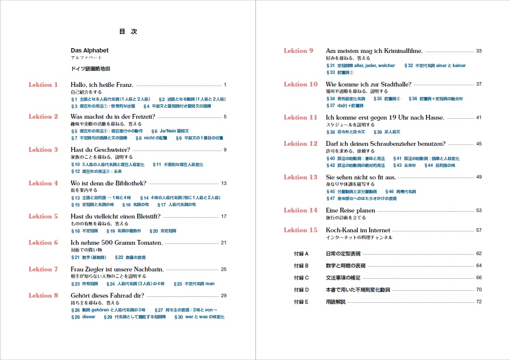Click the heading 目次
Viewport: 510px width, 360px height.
tap(128, 31)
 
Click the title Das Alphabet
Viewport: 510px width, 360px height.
tap(90, 50)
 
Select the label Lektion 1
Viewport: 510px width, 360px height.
tap(43, 85)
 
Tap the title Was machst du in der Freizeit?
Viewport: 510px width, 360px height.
tap(113, 117)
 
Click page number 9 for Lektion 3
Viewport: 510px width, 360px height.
tap(225, 150)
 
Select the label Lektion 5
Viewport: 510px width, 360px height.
tap(43, 216)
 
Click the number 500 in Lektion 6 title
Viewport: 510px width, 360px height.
tap(103, 243)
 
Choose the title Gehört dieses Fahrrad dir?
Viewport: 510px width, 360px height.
tap(107, 295)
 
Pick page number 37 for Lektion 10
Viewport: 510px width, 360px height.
tap(479, 84)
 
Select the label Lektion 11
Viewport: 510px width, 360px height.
tap(300, 117)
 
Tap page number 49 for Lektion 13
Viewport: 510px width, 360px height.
tap(479, 177)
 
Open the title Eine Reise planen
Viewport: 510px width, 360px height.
tap(350, 210)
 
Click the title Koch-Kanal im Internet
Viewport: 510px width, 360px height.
tap(358, 230)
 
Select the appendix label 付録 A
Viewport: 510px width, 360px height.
tap(301, 254)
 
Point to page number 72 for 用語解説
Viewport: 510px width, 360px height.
tap(479, 302)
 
